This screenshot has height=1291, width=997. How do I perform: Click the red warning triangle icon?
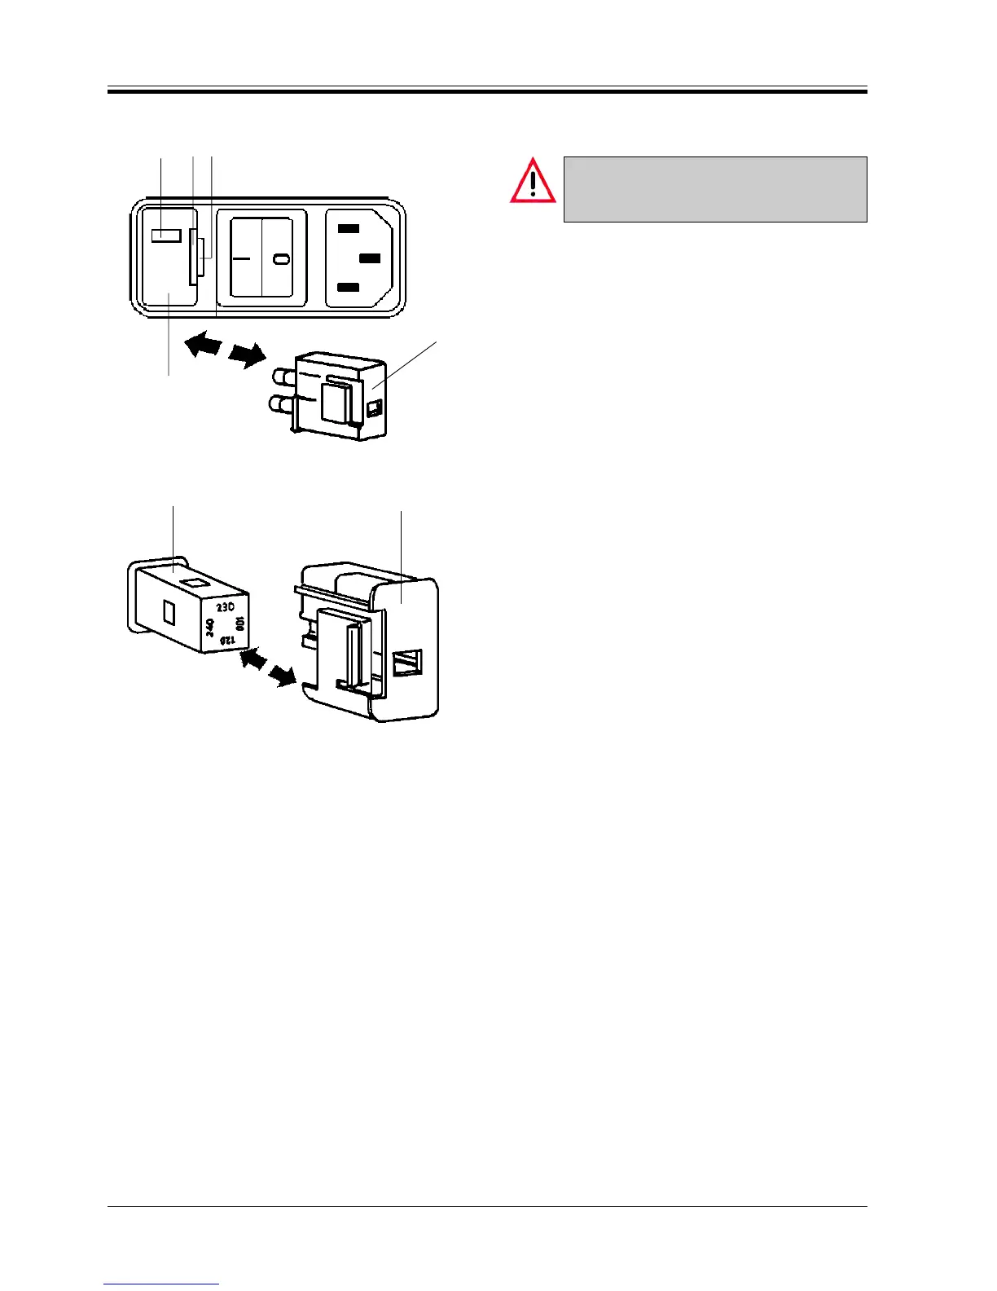(533, 182)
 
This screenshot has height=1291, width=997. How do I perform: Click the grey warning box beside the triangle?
(714, 189)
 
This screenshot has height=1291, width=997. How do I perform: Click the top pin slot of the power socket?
(349, 229)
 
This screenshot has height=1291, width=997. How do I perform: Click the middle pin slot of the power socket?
(370, 258)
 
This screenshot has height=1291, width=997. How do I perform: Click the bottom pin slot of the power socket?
(349, 287)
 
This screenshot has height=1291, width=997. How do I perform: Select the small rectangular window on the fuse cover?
(165, 236)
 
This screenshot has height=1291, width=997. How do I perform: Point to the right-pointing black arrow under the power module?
(247, 355)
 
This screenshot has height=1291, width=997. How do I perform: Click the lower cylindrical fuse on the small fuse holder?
(280, 405)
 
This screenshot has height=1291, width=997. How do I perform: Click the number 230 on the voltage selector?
(226, 608)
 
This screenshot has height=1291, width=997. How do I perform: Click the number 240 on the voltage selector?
(210, 628)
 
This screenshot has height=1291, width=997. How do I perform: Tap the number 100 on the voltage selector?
(239, 626)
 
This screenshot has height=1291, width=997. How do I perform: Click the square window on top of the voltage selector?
(194, 582)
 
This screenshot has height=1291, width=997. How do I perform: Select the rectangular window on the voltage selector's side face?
(169, 611)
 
